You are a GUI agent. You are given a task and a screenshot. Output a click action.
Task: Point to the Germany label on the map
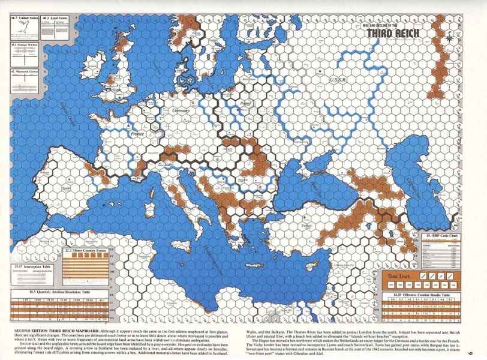pos(181,111)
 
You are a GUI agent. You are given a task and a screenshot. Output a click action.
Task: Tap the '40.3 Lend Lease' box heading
pos(53,19)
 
